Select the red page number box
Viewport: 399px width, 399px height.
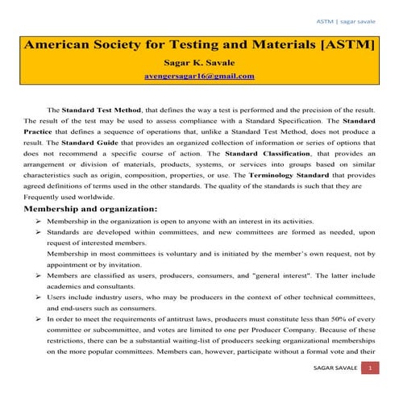(x=370, y=368)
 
